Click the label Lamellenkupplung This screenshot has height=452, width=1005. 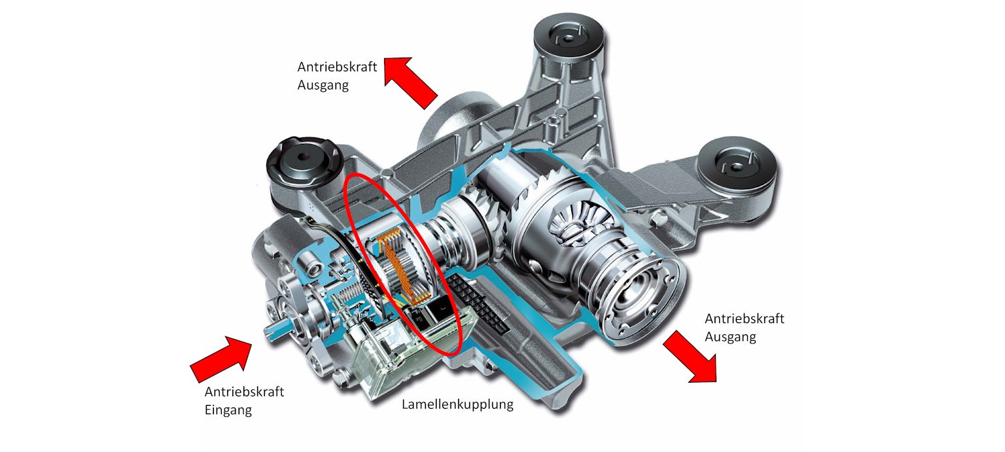457,404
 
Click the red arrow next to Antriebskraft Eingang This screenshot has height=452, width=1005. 222,358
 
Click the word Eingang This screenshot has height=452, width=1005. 228,410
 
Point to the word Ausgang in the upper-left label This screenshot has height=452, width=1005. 324,85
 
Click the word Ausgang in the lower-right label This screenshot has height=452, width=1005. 730,337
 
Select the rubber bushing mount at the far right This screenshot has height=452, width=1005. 737,166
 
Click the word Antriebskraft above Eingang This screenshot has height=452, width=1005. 244,392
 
